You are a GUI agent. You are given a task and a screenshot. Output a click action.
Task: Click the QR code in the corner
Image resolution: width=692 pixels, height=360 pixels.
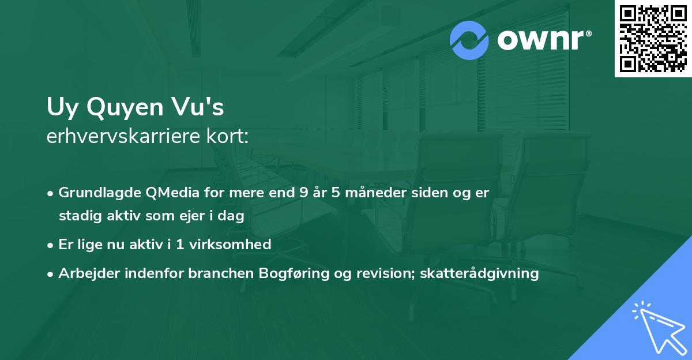pyautogui.click(x=653, y=38)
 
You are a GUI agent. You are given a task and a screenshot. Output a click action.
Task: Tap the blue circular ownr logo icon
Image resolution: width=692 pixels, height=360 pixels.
pyautogui.click(x=469, y=40)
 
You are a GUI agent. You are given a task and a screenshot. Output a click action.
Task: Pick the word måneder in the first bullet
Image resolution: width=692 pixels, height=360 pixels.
pyautogui.click(x=364, y=193)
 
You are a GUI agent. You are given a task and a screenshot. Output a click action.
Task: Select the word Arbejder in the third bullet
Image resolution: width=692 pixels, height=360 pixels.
pyautogui.click(x=85, y=273)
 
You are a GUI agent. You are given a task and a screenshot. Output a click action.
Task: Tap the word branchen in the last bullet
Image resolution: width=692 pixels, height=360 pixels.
pyautogui.click(x=214, y=273)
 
